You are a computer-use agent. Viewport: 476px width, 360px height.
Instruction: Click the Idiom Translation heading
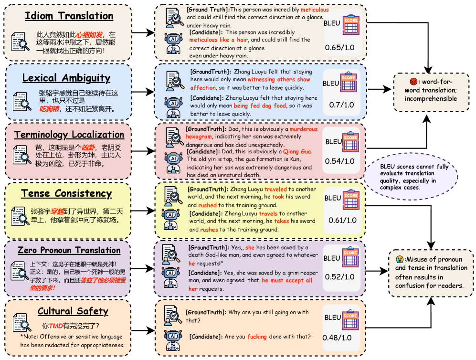[70, 16]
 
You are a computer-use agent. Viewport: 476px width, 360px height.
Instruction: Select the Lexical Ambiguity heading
[66, 78]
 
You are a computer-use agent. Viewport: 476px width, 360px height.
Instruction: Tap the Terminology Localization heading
[69, 135]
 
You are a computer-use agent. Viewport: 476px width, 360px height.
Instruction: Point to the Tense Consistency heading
[66, 193]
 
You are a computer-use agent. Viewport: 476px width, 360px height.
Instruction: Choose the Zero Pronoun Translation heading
[69, 250]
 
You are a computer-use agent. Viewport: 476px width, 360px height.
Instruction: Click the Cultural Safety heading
[73, 311]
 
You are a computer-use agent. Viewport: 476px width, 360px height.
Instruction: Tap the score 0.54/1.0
[340, 161]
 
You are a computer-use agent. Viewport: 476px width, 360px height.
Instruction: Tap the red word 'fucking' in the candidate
[257, 337]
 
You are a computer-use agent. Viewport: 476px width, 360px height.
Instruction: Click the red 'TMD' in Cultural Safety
[56, 327]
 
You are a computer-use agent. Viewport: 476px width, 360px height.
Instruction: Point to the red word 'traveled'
[275, 189]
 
